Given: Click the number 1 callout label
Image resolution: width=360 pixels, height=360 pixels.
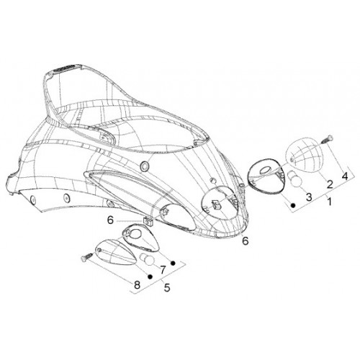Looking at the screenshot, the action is point(330,201).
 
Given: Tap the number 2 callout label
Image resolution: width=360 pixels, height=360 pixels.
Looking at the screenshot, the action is point(330,184).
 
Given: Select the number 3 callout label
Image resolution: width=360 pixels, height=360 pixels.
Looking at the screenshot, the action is point(309,197).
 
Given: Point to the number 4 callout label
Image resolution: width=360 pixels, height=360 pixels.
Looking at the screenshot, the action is point(345,176).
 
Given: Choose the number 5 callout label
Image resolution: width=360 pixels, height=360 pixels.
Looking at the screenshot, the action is point(167,287).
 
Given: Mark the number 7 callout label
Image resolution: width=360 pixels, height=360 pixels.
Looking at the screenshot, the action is point(163,270).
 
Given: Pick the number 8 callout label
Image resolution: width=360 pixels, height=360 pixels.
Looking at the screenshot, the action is point(137,285).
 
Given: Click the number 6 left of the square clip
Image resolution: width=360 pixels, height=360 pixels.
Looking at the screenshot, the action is point(110,220).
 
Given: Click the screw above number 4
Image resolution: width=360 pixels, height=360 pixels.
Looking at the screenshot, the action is point(327,139).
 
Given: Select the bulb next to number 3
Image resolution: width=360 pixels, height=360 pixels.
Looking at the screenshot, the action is point(294,179).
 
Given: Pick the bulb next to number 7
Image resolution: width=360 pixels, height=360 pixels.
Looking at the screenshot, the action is point(147,259).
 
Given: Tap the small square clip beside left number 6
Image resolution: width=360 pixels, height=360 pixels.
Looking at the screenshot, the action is point(148,221).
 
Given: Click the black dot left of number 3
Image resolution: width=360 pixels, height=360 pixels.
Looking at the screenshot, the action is point(293,205).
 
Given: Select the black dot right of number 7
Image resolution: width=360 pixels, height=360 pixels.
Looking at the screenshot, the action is point(173,263).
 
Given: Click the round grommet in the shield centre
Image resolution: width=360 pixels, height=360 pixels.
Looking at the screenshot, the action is point(145,166).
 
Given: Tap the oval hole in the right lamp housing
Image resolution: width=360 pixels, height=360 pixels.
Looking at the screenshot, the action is point(265,171).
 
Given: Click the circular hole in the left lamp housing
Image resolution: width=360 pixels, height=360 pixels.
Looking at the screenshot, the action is point(136,233).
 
